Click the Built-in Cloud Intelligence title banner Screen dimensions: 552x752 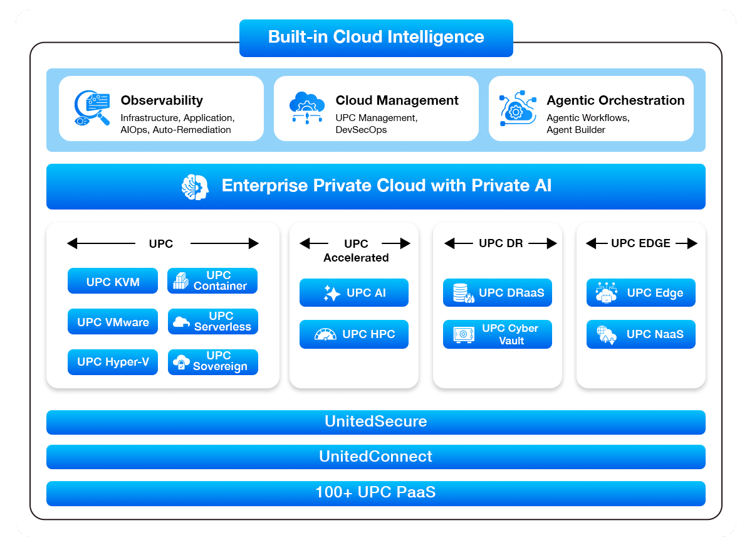click(376, 37)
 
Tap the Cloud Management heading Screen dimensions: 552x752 click(397, 100)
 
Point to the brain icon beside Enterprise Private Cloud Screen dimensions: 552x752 click(194, 186)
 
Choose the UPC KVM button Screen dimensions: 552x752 click(113, 282)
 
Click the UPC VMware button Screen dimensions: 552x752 click(113, 322)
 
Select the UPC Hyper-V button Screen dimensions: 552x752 click(113, 362)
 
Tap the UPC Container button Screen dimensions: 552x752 click(213, 280)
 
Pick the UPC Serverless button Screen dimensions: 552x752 click(213, 321)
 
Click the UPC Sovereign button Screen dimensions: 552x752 click(213, 362)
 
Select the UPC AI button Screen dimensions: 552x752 click(354, 293)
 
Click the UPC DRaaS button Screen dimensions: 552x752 click(498, 293)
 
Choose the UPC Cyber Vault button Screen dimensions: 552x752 click(498, 334)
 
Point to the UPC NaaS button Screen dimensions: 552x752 click(641, 334)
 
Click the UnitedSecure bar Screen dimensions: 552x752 click(376, 422)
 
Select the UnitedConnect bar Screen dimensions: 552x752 click(376, 457)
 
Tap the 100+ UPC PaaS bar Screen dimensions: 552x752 click(376, 493)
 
